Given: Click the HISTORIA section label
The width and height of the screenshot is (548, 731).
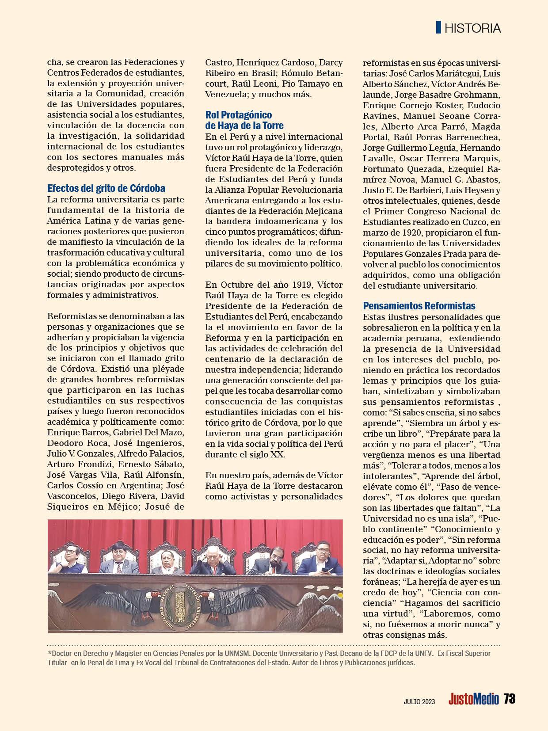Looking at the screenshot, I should click(x=472, y=28).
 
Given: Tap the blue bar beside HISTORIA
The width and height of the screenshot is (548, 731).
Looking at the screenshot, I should click(x=438, y=27).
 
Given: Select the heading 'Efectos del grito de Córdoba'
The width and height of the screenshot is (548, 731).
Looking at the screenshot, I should click(x=106, y=188).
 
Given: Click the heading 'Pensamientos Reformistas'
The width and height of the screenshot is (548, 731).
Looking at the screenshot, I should click(x=419, y=306).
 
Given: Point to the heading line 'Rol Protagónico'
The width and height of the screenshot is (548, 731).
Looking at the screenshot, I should click(x=239, y=115).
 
